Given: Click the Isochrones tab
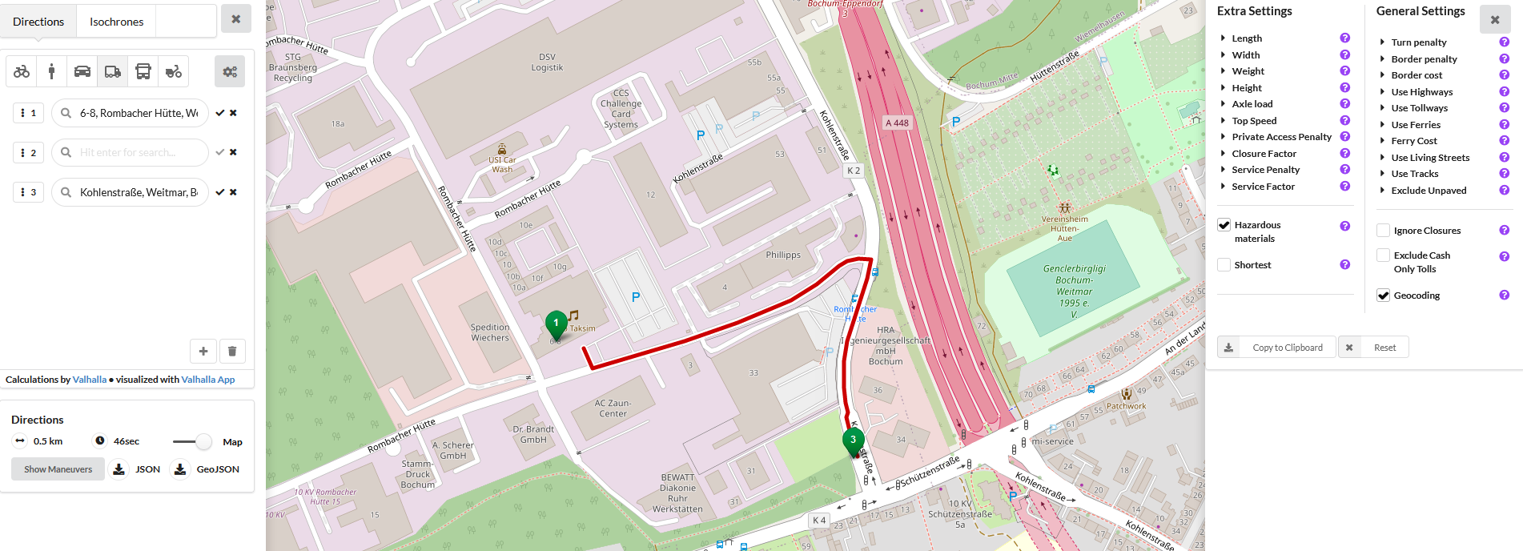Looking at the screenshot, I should [x=116, y=22].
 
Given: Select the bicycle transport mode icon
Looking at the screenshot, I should [x=22, y=71].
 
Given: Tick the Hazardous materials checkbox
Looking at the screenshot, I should [x=1224, y=225].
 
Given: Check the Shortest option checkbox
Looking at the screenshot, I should [x=1224, y=265].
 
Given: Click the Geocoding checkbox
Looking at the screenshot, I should [x=1383, y=296].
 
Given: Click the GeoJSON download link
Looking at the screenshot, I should [x=207, y=469].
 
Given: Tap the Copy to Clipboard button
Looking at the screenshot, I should [x=1276, y=348].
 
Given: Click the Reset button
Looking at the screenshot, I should [x=1374, y=348].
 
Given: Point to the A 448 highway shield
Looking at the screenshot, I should [x=897, y=123].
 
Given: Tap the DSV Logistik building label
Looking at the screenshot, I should [x=547, y=62].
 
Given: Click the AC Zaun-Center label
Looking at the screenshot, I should [x=613, y=408].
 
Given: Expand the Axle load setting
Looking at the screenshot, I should [x=1252, y=104].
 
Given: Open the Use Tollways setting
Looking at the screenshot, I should [x=1419, y=108].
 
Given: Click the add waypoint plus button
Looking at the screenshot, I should [x=203, y=351].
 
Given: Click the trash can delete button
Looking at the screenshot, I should [x=232, y=351].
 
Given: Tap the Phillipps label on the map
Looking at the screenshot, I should [x=782, y=255].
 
